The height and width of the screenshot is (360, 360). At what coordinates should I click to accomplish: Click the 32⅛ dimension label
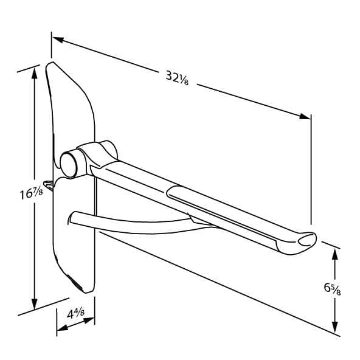pyautogui.click(x=177, y=78)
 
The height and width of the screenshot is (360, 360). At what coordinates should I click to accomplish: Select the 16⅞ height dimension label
pyautogui.click(x=31, y=193)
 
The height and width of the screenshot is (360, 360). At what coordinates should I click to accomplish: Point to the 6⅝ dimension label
pyautogui.click(x=332, y=289)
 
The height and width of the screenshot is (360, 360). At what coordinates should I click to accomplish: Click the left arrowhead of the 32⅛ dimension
pyautogui.click(x=58, y=40)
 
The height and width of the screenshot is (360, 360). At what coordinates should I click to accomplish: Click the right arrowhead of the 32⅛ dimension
pyautogui.click(x=305, y=116)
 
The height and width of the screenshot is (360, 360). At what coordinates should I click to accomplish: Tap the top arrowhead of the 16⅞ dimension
pyautogui.click(x=35, y=73)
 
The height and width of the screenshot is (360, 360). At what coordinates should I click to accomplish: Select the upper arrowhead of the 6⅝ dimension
pyautogui.click(x=335, y=254)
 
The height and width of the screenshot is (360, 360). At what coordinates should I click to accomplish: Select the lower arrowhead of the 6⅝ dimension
pyautogui.click(x=335, y=327)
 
